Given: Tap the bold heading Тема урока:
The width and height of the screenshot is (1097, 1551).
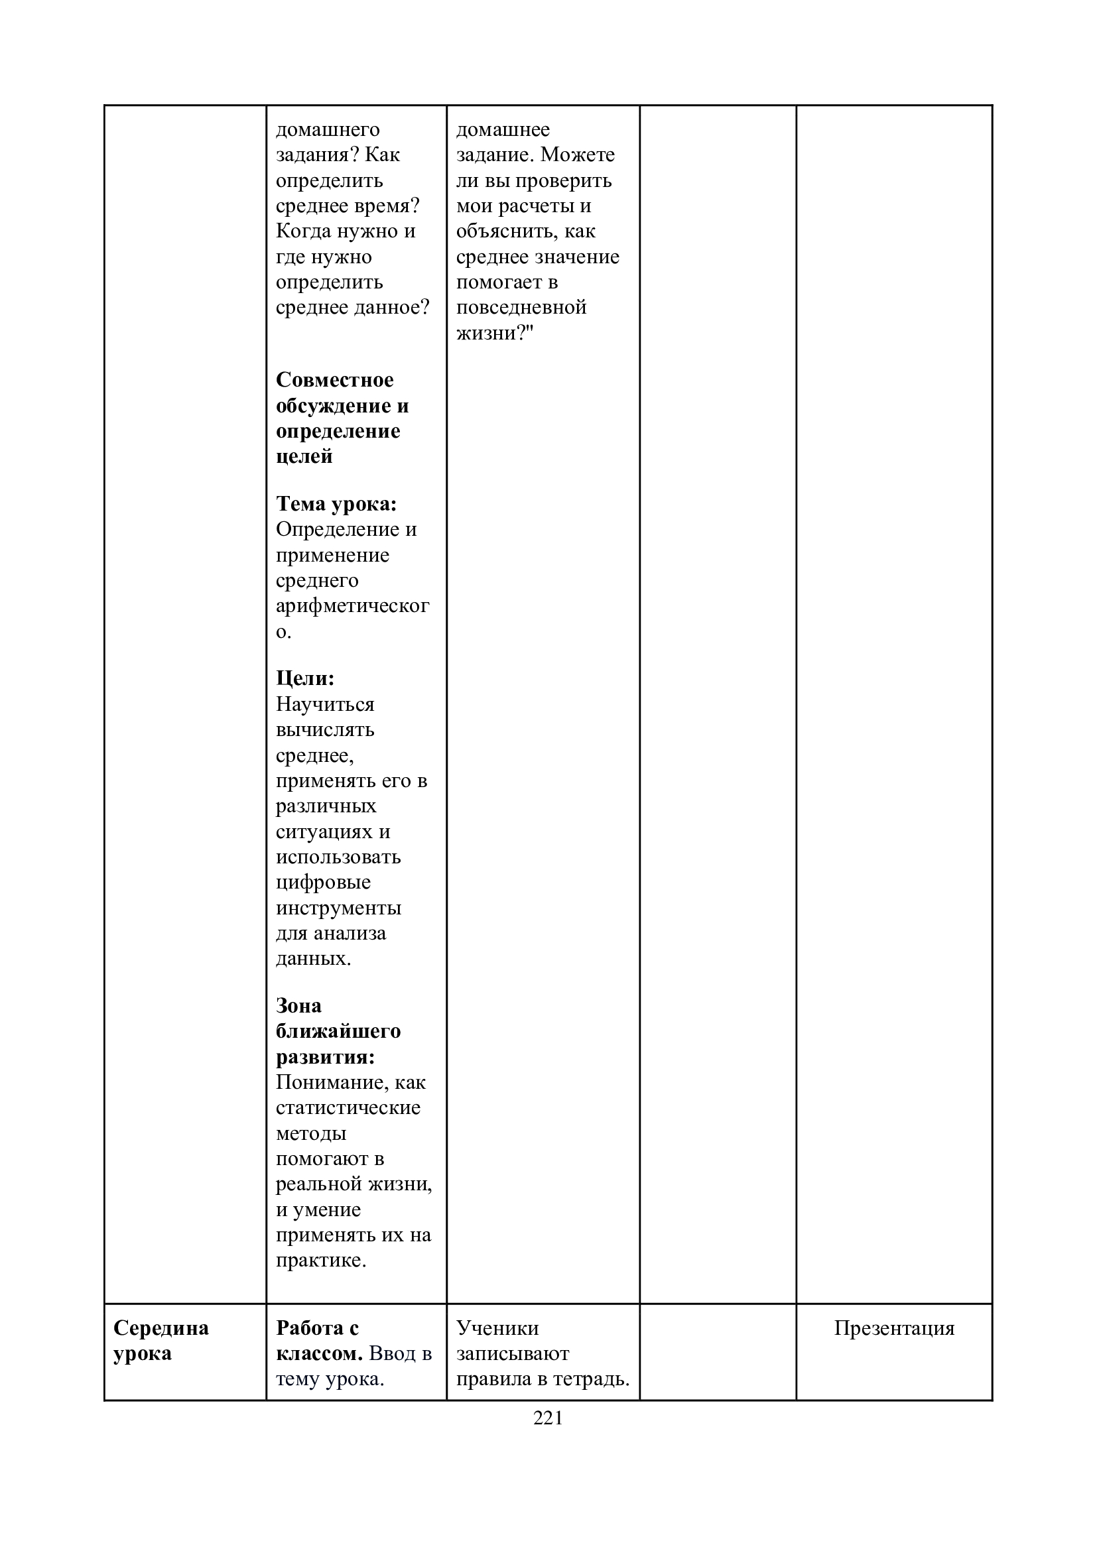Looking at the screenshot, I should click(336, 504).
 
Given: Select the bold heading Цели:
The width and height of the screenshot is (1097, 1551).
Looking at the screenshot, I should click(305, 678).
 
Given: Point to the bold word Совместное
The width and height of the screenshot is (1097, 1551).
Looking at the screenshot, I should click(334, 380).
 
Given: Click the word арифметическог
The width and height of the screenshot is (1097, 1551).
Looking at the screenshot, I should click(352, 606).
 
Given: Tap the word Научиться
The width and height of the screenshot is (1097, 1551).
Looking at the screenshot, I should click(325, 705).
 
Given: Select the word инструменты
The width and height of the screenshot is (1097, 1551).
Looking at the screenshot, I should click(338, 908).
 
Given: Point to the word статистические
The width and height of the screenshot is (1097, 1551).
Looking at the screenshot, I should click(348, 1108).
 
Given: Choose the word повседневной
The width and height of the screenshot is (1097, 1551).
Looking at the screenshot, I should click(521, 308).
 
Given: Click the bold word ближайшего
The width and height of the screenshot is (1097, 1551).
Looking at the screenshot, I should click(338, 1032).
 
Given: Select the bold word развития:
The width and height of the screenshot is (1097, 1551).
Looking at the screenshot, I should click(326, 1057).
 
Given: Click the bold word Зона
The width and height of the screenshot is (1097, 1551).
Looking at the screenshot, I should click(298, 1006).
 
